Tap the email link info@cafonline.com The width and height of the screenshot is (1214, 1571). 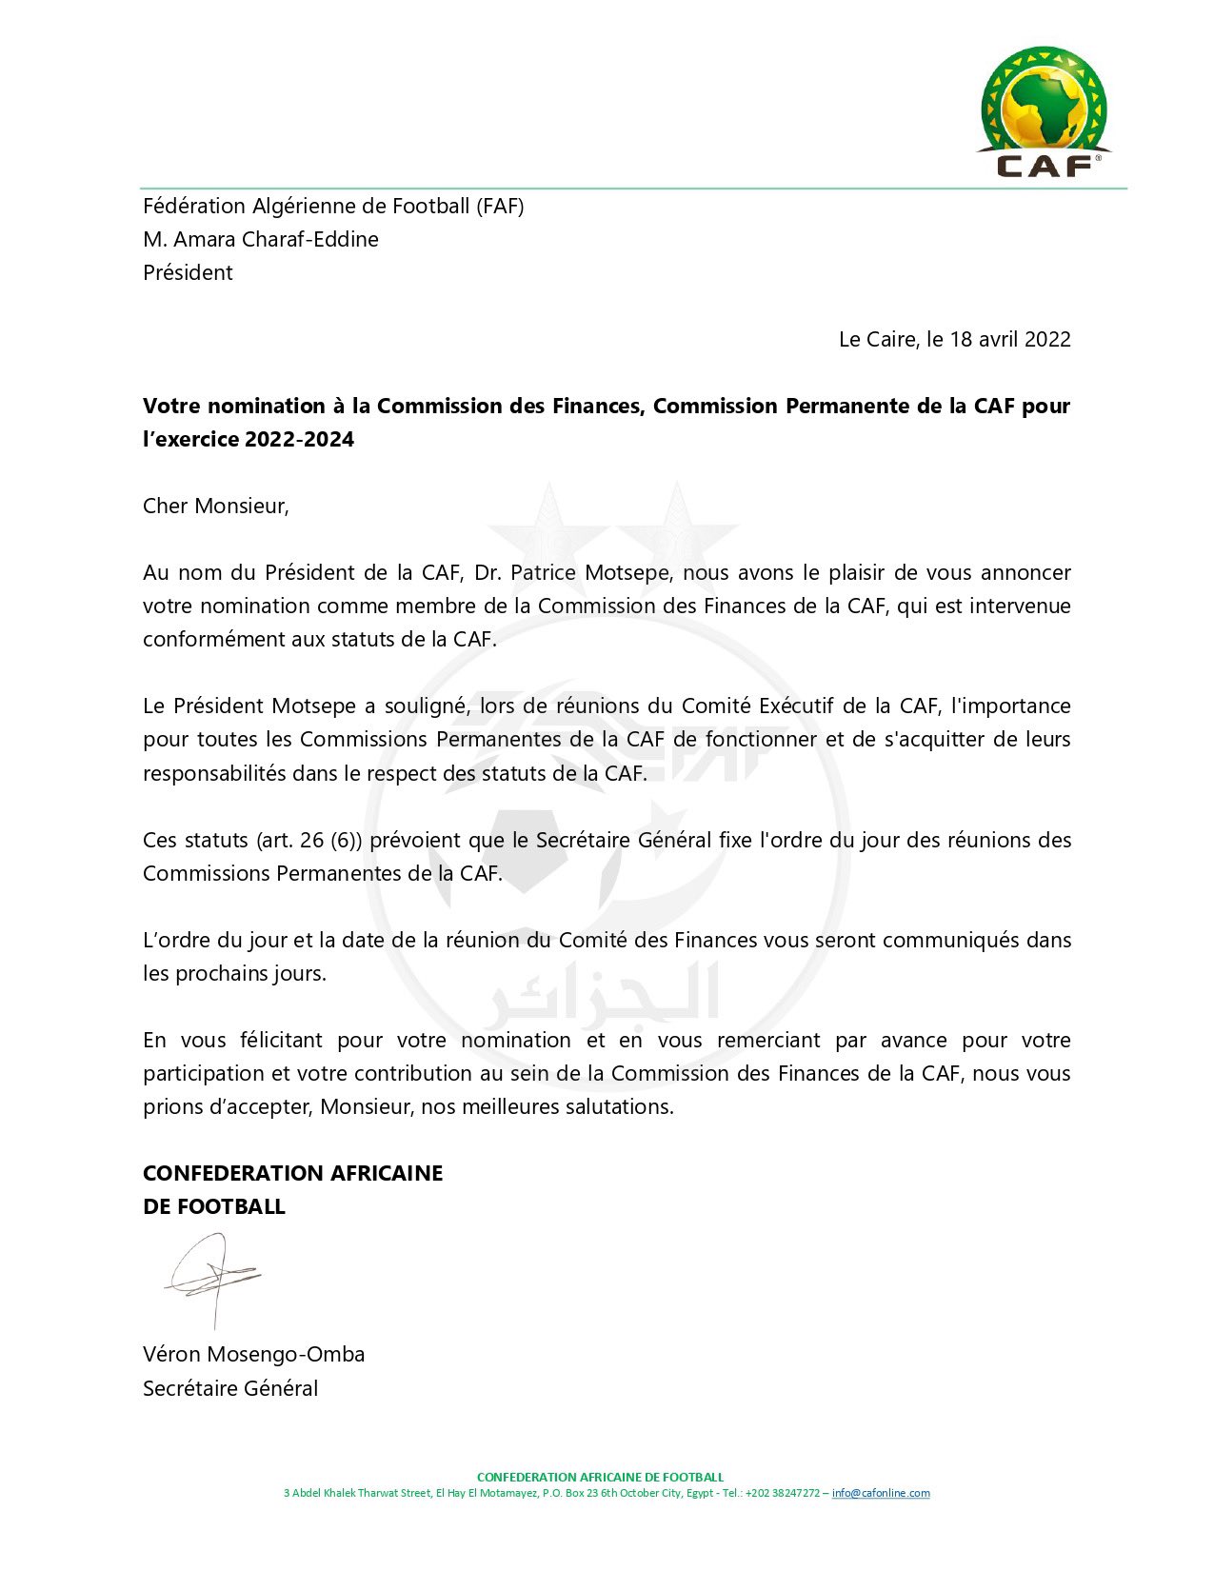coord(881,1493)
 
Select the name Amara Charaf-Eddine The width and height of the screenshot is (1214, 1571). coord(276,239)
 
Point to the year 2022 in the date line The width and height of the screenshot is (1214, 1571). coord(1046,339)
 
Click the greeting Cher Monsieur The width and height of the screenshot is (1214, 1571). coord(215,506)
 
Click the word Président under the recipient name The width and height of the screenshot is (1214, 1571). coord(188,272)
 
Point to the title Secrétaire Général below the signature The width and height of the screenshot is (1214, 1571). coord(230,1388)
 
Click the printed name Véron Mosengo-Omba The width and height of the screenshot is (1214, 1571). coord(253,1354)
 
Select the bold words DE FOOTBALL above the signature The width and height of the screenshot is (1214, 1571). coord(214,1206)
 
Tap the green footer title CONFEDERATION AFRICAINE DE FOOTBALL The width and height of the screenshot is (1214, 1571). coord(600,1477)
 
